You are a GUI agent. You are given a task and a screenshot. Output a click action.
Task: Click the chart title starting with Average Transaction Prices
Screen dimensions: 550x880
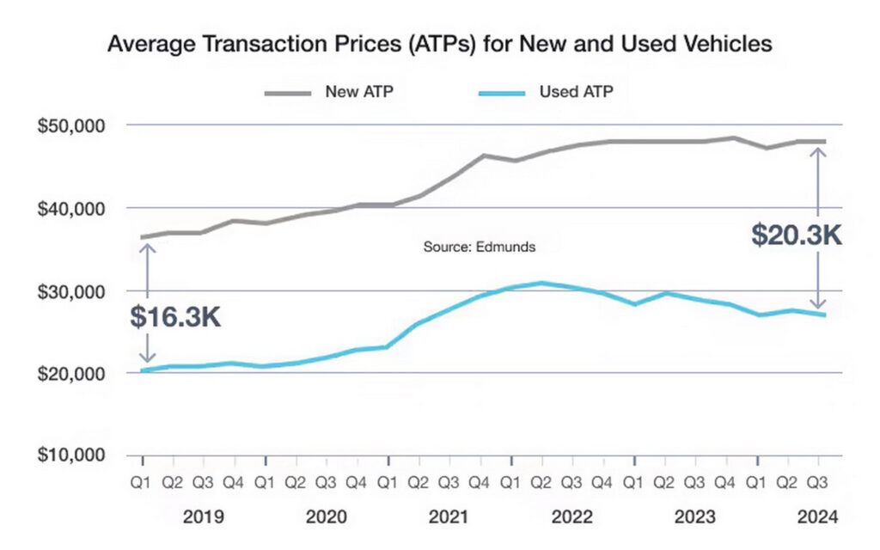[x=439, y=45]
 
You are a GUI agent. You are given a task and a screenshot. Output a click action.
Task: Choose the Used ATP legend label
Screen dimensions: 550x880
[x=576, y=91]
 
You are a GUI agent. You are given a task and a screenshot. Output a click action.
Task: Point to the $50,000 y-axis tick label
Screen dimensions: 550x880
[x=71, y=125]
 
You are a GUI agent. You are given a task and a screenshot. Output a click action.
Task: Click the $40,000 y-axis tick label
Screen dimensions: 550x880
[x=71, y=208]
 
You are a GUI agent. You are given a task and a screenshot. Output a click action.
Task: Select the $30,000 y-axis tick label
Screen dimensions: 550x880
[x=71, y=291]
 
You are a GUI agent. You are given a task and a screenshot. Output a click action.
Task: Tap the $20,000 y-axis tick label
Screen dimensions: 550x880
[x=71, y=374]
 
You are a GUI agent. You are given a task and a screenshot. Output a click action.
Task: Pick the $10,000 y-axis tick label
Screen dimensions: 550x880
[x=71, y=455]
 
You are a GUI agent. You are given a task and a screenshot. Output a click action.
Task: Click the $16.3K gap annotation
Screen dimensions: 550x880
[x=176, y=316]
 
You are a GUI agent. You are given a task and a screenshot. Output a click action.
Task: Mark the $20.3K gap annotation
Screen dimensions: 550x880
[x=796, y=235]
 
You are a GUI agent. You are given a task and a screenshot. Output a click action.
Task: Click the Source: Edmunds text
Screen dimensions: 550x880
[x=480, y=247]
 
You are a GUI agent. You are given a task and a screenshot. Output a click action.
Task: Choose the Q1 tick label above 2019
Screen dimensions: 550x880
[x=143, y=483]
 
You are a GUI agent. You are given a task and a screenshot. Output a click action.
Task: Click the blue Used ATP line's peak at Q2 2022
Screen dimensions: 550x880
[x=541, y=283]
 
